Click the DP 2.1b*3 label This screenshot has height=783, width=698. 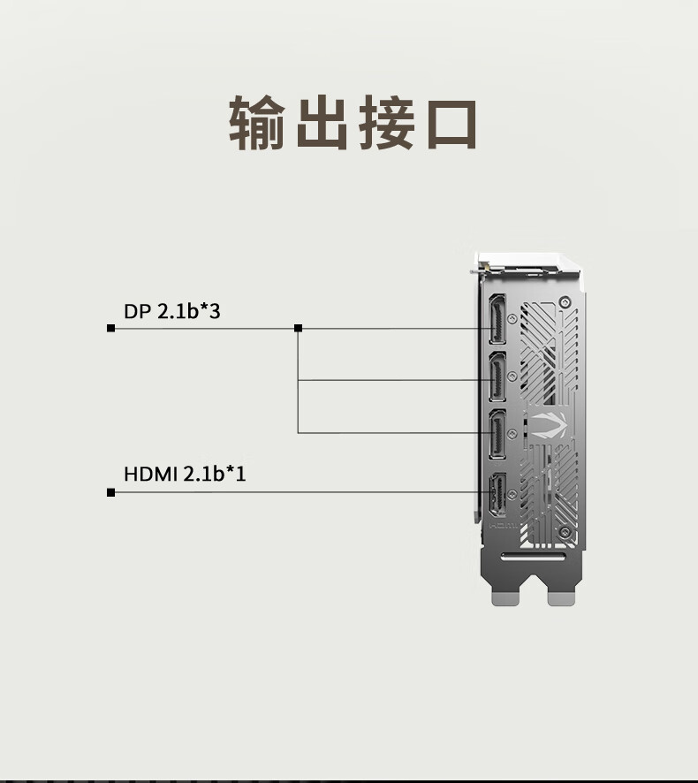pos(171,311)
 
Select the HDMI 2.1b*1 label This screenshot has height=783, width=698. pos(185,475)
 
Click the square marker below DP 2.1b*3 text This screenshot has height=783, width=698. pos(110,329)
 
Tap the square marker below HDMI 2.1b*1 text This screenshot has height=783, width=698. pos(110,492)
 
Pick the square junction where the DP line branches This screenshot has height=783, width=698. pos(299,329)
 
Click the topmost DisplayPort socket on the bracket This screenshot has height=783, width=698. pos(497,320)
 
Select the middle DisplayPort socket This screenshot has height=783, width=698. pos(497,380)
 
